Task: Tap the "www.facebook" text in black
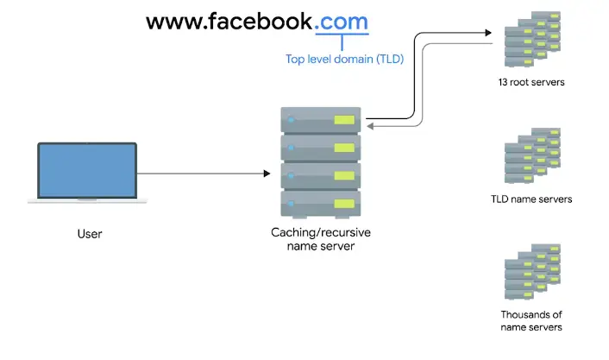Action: point(229,22)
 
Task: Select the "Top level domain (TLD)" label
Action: point(344,60)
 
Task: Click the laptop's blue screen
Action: point(86,171)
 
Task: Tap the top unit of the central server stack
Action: point(319,119)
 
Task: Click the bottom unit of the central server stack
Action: point(319,204)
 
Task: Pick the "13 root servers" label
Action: point(531,83)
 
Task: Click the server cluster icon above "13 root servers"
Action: point(531,41)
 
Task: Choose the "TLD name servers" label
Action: point(531,199)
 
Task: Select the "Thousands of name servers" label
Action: point(531,320)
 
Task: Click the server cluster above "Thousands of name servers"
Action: point(531,273)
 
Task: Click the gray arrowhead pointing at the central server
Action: point(372,126)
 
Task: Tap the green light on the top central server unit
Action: point(342,120)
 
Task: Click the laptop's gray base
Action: point(86,201)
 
